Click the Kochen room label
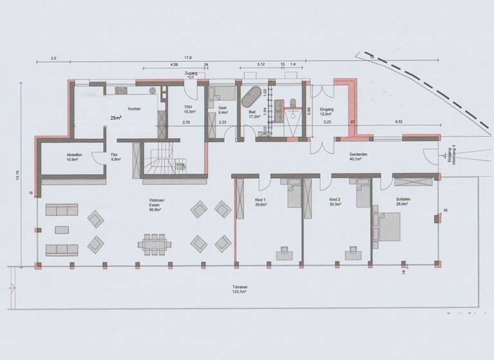click(134, 109)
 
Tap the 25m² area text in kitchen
click(116, 118)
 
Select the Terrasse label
click(223, 288)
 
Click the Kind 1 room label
click(252, 201)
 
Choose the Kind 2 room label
click(334, 201)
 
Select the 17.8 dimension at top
click(187, 58)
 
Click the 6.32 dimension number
click(398, 120)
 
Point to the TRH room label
click(188, 108)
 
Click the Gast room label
click(222, 108)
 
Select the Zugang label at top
click(190, 74)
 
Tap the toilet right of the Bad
click(293, 104)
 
